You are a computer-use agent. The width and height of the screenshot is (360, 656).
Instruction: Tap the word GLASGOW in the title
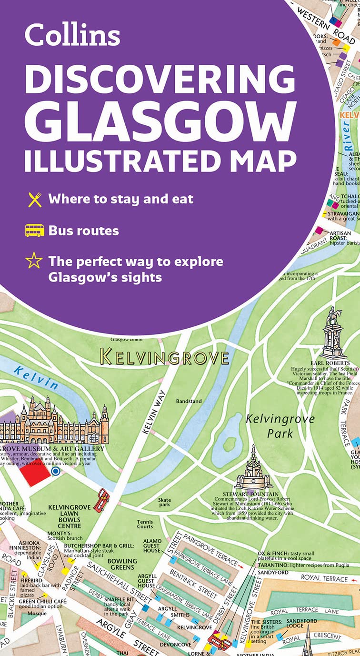pos(160,118)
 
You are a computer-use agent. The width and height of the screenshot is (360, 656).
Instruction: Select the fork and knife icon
pos(35,199)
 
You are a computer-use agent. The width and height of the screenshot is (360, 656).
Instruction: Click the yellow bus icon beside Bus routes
pos(35,231)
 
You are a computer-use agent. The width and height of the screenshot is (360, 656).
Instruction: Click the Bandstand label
pos(189,401)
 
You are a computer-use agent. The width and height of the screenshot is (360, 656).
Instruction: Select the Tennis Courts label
pos(145,525)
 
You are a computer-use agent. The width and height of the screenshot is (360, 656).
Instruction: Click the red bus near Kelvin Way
pos(101,501)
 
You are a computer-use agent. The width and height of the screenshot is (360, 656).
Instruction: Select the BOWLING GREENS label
pos(122,565)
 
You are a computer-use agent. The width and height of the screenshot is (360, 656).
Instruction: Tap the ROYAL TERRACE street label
pos(326,578)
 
